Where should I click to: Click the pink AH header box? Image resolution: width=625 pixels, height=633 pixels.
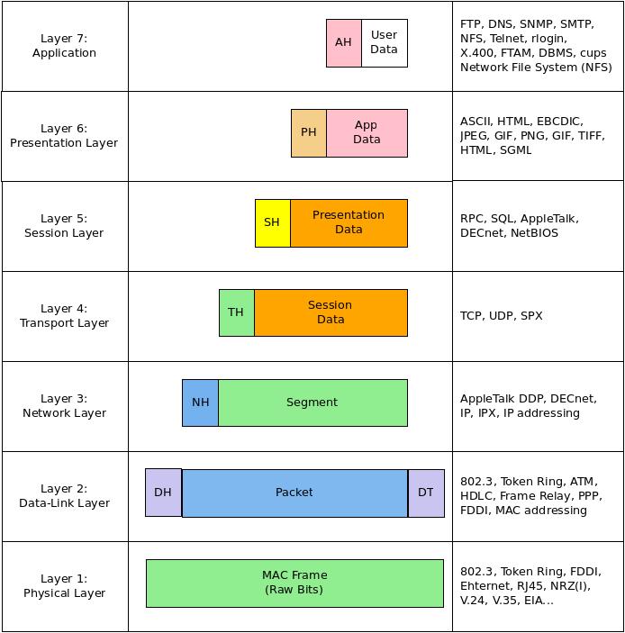point(344,42)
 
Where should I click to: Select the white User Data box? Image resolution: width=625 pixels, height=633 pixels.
point(385,42)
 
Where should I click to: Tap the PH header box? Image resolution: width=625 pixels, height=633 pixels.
point(309,132)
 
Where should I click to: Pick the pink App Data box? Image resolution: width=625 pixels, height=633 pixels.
point(367,132)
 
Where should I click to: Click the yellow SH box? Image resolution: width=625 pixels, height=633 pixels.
point(272,222)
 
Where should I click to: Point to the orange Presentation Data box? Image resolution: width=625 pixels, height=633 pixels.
point(349,222)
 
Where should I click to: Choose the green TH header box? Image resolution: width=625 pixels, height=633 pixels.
point(236,312)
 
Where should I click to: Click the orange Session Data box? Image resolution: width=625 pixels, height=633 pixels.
point(331,312)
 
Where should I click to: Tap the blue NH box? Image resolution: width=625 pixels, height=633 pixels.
point(200,402)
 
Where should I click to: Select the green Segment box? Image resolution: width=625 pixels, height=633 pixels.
point(312,402)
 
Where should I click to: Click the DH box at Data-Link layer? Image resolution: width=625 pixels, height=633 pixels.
point(163,493)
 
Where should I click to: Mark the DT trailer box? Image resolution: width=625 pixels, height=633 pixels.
point(426,493)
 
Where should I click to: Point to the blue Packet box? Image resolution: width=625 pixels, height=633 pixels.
point(294,493)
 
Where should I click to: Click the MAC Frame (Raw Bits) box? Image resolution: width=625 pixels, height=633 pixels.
point(294,583)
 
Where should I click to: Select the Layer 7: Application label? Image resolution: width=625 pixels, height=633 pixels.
point(64,46)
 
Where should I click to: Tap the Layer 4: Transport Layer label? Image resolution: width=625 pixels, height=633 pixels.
point(64,316)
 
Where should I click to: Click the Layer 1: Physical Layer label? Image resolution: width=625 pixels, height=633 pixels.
point(64,586)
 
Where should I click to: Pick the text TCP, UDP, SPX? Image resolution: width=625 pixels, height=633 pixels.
point(501,316)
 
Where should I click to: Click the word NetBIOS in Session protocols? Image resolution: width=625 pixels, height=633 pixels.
point(535,233)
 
